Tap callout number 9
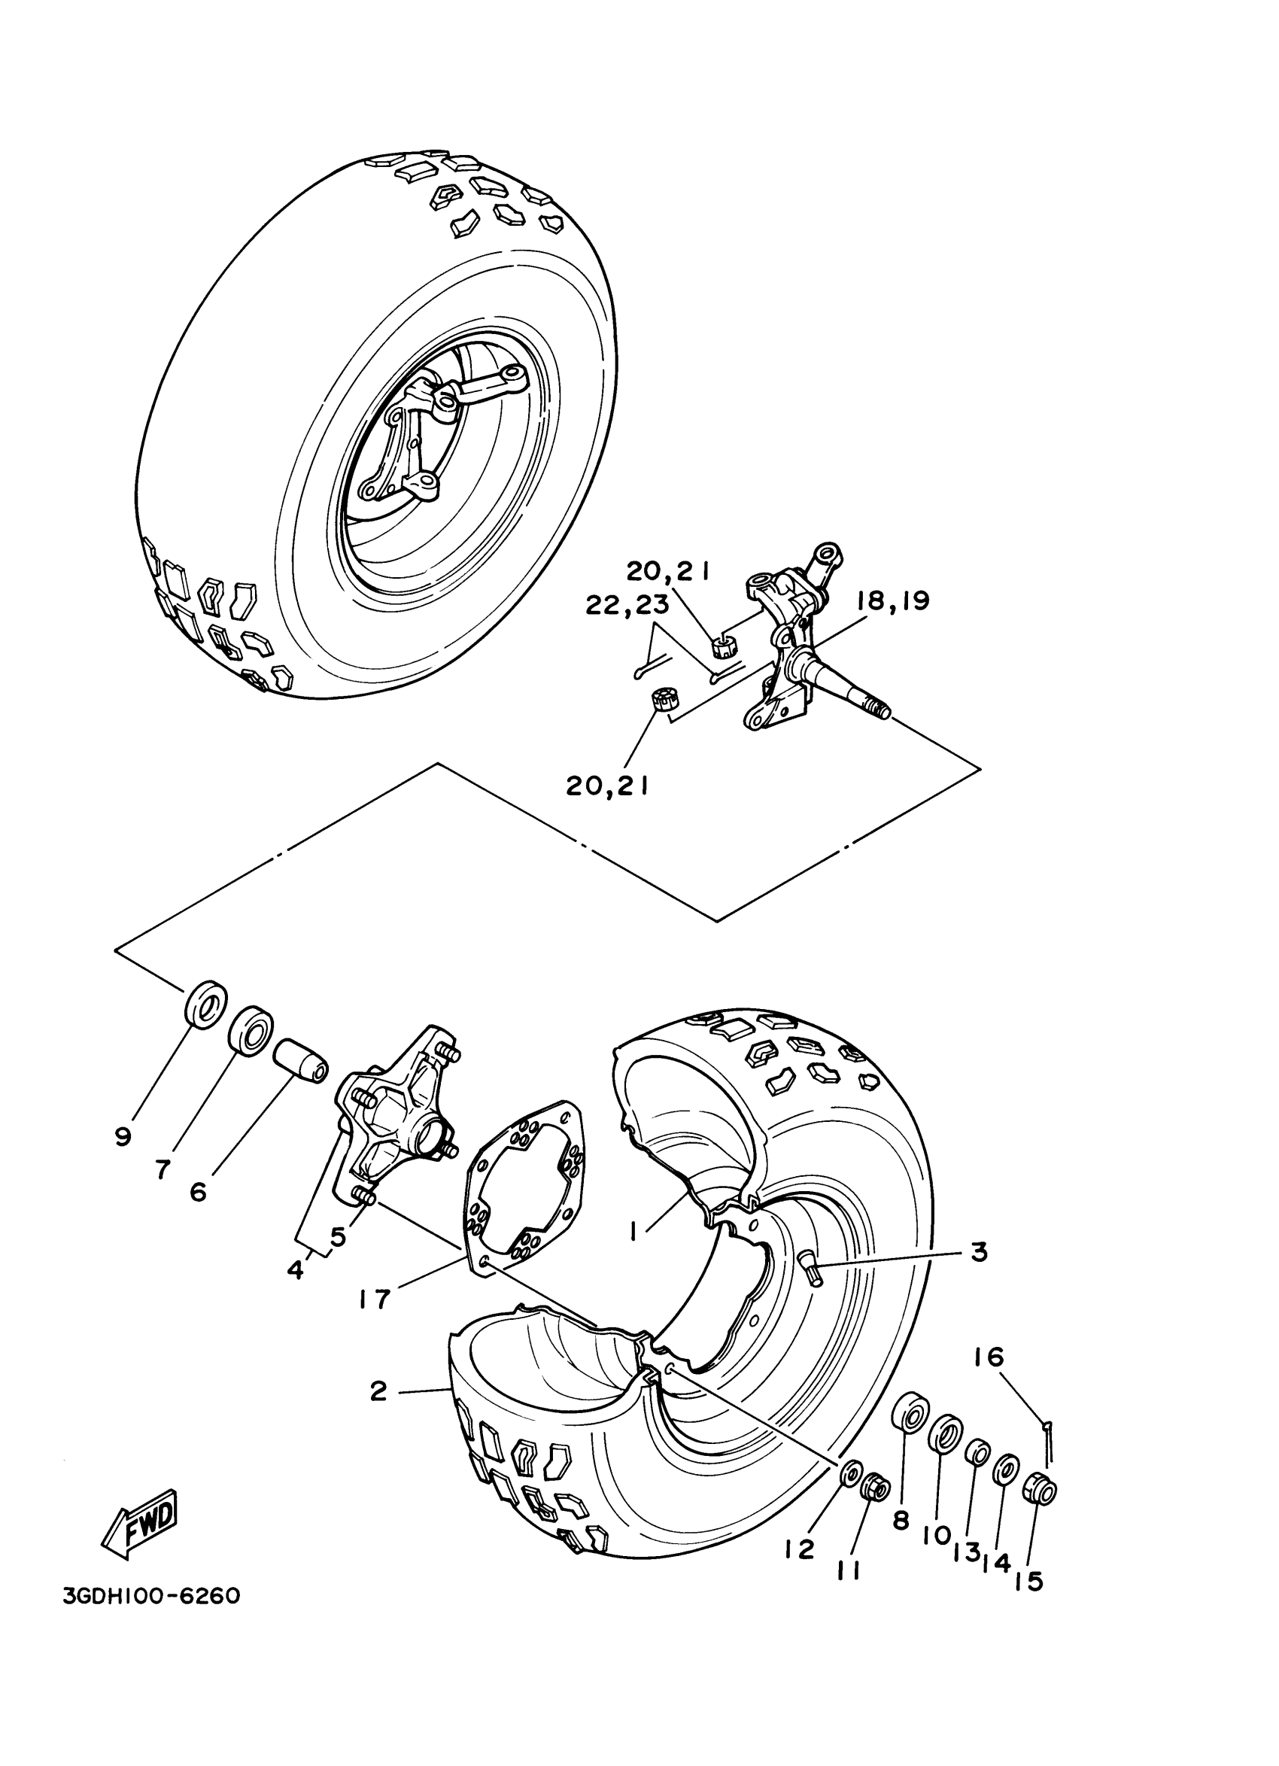(x=122, y=1138)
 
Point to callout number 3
(x=979, y=1253)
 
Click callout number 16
(x=989, y=1358)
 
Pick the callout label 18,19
(x=893, y=601)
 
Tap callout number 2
(x=378, y=1391)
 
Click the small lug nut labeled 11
(x=876, y=1491)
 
